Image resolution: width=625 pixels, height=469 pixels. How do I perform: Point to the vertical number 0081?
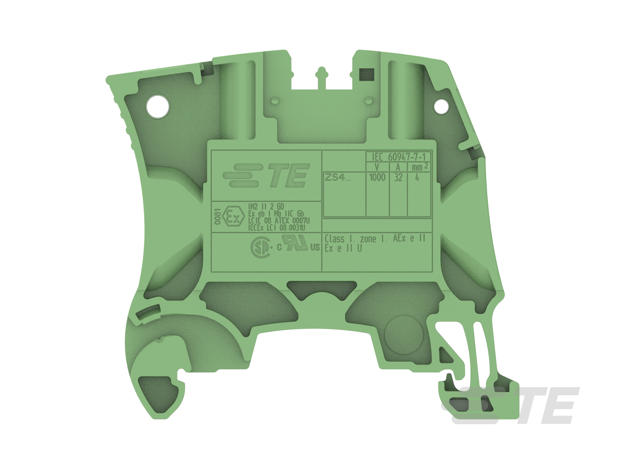(217, 216)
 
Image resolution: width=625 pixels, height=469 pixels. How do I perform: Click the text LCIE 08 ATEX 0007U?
(279, 221)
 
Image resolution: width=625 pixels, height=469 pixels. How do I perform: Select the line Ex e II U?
(343, 248)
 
